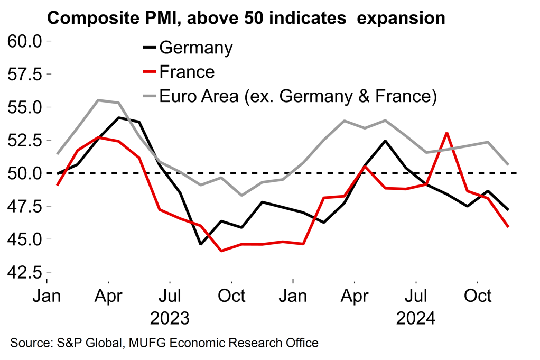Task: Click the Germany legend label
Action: [x=195, y=48]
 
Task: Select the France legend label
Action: [x=187, y=72]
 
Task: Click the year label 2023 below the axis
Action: [x=170, y=319]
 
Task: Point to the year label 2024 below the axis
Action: [x=416, y=319]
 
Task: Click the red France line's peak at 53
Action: [x=447, y=133]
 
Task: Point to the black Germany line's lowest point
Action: [x=201, y=244]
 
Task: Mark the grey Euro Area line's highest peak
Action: [x=98, y=100]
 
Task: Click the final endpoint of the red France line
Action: [x=508, y=226]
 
